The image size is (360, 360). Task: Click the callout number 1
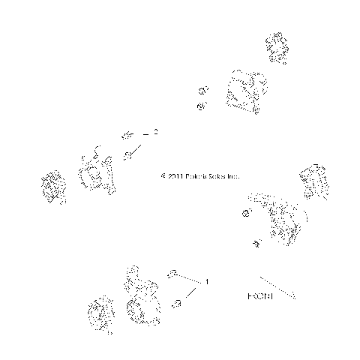207,282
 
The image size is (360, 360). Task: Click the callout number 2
155,132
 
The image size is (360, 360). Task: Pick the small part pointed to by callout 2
128,136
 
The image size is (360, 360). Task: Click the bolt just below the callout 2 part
129,155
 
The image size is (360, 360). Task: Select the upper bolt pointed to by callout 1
172,273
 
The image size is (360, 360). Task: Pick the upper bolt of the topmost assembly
202,90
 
